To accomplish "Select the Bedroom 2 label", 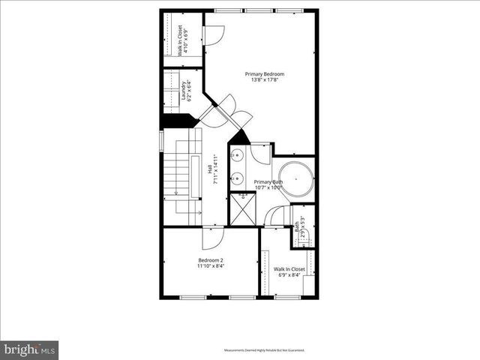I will click(x=210, y=263).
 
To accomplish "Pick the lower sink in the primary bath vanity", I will click(x=236, y=178).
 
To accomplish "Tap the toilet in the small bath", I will click(x=310, y=238).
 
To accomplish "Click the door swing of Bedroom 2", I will click(x=209, y=238).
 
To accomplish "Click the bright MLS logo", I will click(x=29, y=349).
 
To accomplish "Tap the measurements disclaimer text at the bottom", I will click(x=264, y=349).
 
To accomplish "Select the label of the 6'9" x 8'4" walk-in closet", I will click(x=289, y=271).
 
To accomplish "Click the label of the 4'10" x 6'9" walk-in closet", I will click(x=181, y=40).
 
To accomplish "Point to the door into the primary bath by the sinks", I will click(x=260, y=154).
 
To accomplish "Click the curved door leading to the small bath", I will click(x=278, y=215).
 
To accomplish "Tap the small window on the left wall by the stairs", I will click(x=160, y=140).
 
